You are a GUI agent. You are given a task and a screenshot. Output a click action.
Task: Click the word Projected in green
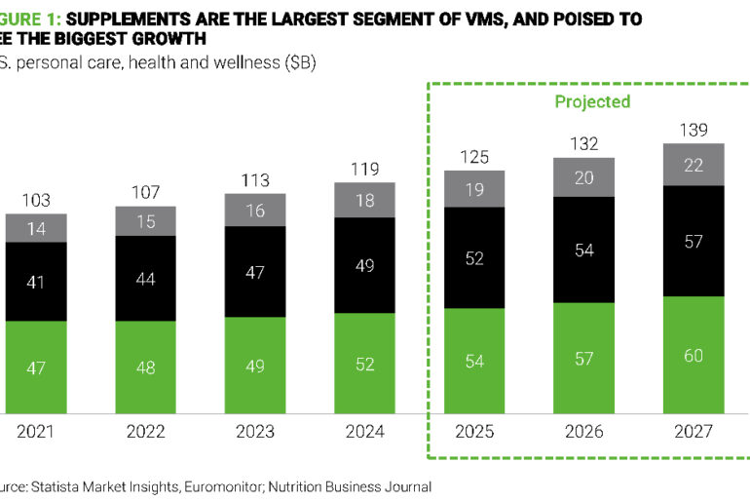tap(592, 101)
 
